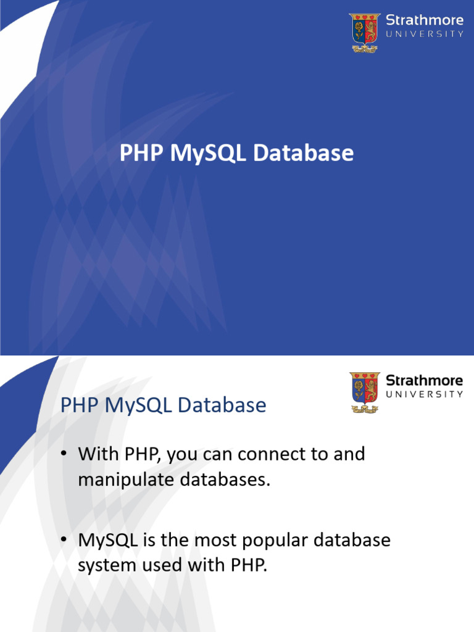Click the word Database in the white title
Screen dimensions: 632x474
pyautogui.click(x=304, y=154)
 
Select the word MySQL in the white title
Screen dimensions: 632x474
pyautogui.click(x=207, y=154)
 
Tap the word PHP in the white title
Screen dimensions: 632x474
pyautogui.click(x=142, y=154)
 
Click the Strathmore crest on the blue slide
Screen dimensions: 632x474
pyautogui.click(x=365, y=32)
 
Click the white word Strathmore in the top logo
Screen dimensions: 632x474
pyautogui.click(x=424, y=20)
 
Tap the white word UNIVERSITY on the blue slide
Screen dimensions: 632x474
pyautogui.click(x=424, y=34)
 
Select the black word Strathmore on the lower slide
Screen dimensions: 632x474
pyautogui.click(x=424, y=380)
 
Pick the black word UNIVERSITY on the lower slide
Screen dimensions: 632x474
pyautogui.click(x=424, y=394)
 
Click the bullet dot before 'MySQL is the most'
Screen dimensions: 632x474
pyautogui.click(x=64, y=541)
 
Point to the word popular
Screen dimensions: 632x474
pyautogui.click(x=278, y=540)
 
